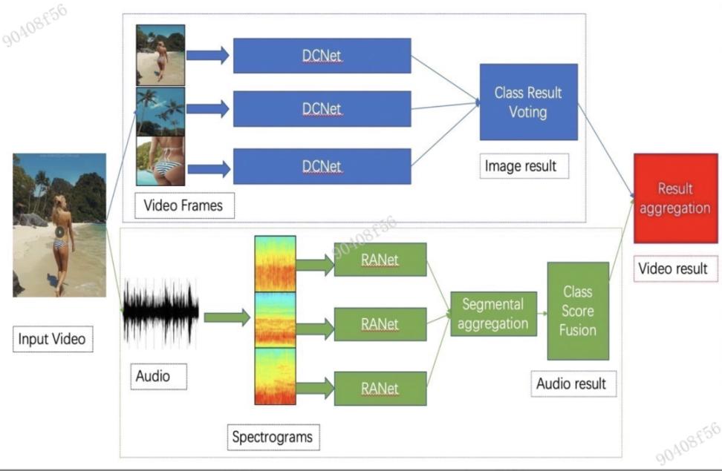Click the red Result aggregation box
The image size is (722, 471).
(x=675, y=198)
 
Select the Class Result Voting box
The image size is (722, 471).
(x=527, y=102)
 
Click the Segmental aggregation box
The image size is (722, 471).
(x=493, y=314)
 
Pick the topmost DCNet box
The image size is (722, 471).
(x=322, y=56)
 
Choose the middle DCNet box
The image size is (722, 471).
(x=322, y=109)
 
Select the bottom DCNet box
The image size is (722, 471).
(x=322, y=166)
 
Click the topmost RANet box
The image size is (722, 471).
(x=380, y=259)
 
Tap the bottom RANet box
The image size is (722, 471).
(x=380, y=388)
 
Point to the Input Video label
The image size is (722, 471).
(x=52, y=340)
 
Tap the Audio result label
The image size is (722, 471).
(x=571, y=383)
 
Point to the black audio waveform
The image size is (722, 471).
(x=160, y=312)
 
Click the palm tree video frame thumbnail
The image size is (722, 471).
(x=160, y=111)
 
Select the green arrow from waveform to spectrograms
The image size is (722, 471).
(x=227, y=317)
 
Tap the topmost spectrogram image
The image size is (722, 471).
(x=275, y=263)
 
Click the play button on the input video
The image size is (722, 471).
(x=59, y=231)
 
